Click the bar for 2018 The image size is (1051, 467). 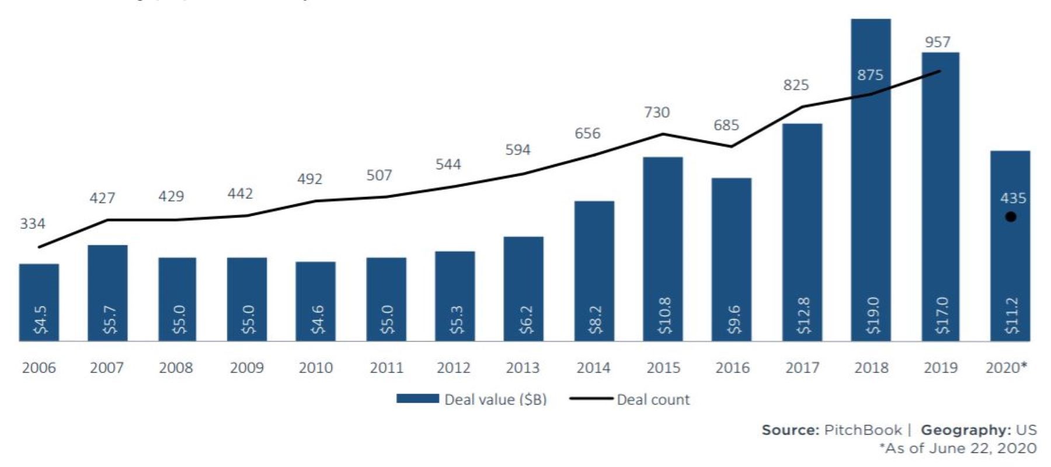coord(871,175)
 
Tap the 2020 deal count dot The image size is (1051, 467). coord(1011,217)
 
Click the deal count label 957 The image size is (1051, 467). coord(938,42)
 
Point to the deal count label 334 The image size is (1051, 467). coord(33,224)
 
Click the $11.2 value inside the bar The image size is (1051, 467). coord(1011,315)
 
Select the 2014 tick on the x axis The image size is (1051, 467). coord(593,368)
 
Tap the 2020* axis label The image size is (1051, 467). coord(1006,368)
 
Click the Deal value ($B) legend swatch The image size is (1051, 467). coord(417,399)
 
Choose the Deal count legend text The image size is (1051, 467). coord(653,400)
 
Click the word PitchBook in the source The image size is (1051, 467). coord(862,430)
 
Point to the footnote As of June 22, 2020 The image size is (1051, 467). coord(958,448)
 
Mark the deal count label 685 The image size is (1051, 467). coord(726,125)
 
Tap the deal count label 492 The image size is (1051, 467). coord(309,179)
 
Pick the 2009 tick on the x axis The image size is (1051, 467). coord(246,368)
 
